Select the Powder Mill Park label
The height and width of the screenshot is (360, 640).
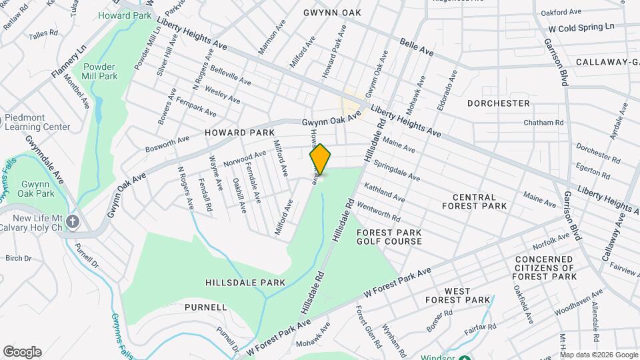tap(100, 72)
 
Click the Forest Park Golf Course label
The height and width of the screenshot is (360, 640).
tap(389, 237)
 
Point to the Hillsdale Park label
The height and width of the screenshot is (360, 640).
tap(245, 283)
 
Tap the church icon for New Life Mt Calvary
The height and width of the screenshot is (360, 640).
tap(72, 221)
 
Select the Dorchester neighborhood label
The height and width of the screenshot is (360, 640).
tap(498, 103)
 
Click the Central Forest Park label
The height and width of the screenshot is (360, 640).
tap(474, 202)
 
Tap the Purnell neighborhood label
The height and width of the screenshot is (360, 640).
tap(207, 307)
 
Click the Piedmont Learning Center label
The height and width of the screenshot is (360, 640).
tap(37, 122)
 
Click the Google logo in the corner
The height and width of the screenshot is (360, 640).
tap(22, 351)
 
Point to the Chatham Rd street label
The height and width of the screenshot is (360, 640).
tap(543, 123)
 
